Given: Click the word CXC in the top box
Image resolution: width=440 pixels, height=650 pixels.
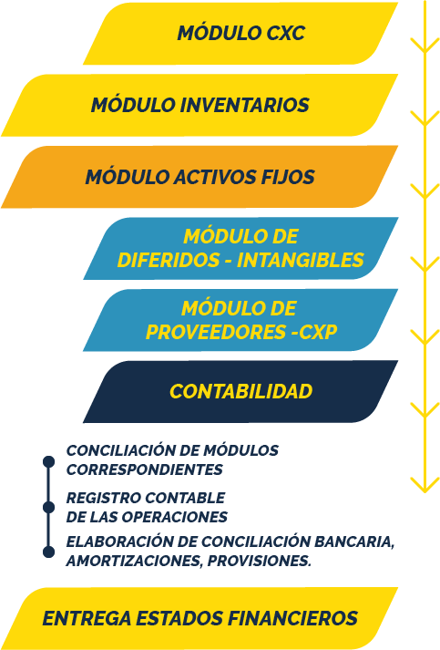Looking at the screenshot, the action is [x=285, y=33].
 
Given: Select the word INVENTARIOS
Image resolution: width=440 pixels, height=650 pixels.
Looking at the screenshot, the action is [x=244, y=105].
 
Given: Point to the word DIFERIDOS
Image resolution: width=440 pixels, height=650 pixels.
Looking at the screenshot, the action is [x=169, y=260].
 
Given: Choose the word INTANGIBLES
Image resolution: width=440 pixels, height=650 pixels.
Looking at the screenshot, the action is [x=300, y=260].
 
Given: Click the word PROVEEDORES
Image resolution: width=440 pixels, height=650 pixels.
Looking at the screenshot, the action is [x=216, y=332].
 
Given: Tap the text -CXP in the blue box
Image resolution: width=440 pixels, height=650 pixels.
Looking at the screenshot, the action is [x=314, y=332].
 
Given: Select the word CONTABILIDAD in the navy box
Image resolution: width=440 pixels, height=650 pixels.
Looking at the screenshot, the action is [x=240, y=392].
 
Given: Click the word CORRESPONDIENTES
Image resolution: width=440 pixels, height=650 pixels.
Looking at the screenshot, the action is [x=145, y=469].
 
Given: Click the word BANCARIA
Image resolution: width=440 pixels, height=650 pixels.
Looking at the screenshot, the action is [x=354, y=542].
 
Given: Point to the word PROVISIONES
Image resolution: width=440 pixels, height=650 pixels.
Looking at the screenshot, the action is [x=260, y=561].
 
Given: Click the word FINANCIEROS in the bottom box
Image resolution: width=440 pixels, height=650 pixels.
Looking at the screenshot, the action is [x=292, y=618].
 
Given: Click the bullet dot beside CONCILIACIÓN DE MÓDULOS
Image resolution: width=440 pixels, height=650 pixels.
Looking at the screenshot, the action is [x=49, y=461].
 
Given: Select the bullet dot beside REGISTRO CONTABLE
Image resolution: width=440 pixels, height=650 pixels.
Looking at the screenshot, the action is [x=49, y=508].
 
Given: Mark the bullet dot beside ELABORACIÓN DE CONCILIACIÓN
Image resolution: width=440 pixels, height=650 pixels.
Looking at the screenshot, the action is [x=49, y=552].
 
